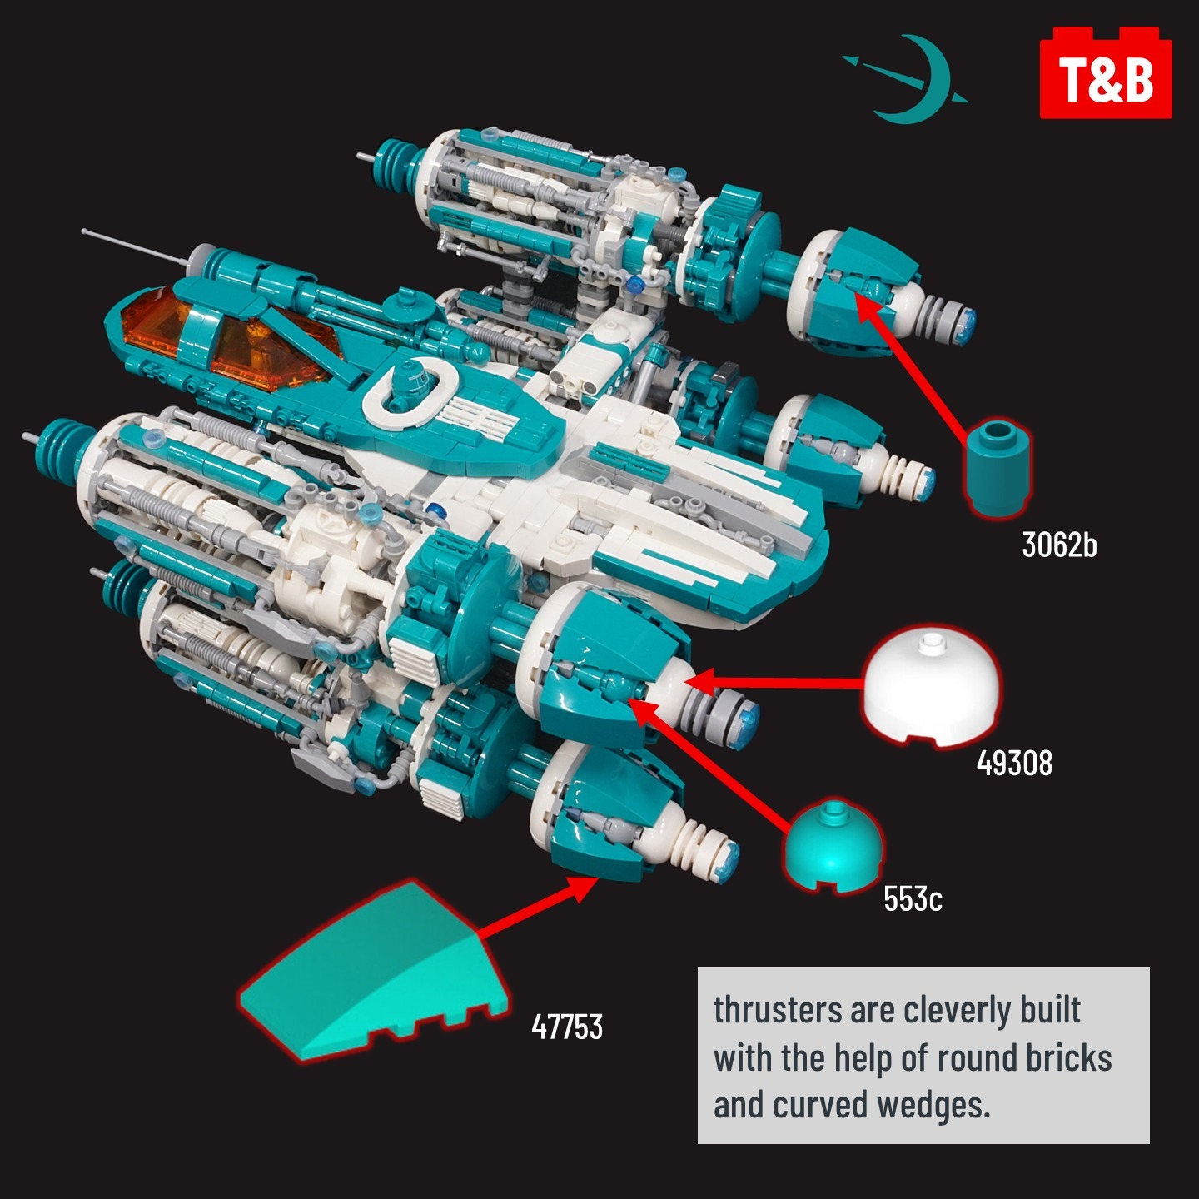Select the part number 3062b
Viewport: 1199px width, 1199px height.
1059,545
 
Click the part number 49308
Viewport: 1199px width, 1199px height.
1014,762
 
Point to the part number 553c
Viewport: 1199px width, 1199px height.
913,898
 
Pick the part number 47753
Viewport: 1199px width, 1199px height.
567,1027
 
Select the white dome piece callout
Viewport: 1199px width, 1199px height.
928,687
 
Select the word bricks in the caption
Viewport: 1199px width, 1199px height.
1068,1057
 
